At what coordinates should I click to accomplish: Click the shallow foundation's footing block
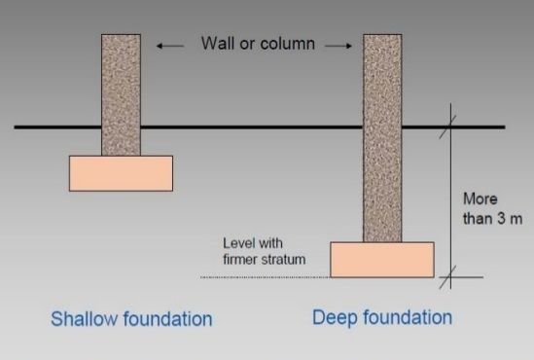pos(121,173)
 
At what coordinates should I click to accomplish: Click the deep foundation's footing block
pos(381,260)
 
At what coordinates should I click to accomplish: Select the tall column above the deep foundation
pos(382,136)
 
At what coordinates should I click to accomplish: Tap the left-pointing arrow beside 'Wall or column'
pos(171,45)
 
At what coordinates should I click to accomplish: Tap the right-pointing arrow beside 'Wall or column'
pos(338,45)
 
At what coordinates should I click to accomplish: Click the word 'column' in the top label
pos(290,44)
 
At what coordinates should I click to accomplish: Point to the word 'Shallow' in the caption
pos(87,319)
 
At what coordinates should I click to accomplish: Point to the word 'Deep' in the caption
pos(333,318)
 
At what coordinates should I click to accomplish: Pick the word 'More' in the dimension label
pos(481,198)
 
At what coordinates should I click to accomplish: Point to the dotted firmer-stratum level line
pos(263,278)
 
